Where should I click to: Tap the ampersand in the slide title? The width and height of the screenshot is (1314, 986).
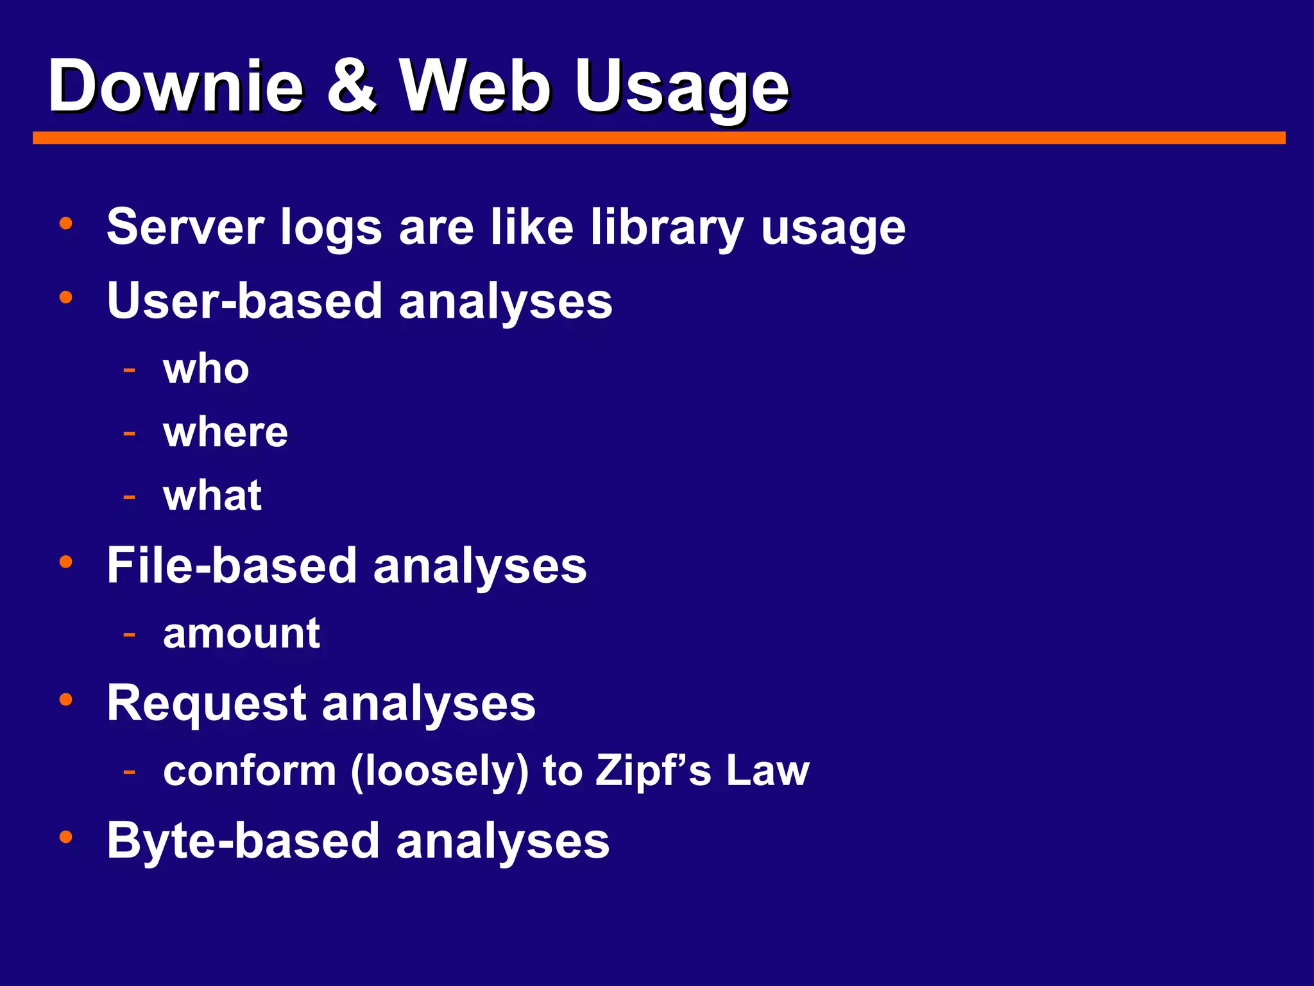click(x=351, y=86)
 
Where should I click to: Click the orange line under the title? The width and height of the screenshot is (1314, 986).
click(x=659, y=138)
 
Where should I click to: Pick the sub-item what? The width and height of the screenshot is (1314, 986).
click(x=212, y=496)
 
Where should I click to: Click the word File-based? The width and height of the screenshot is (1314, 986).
click(x=232, y=566)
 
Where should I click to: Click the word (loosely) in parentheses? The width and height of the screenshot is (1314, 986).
click(x=439, y=771)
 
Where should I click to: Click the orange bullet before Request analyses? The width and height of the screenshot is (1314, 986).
click(x=65, y=699)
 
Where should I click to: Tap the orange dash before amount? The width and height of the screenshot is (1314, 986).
click(x=130, y=634)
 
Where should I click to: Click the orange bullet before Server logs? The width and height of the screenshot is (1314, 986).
click(x=65, y=223)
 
